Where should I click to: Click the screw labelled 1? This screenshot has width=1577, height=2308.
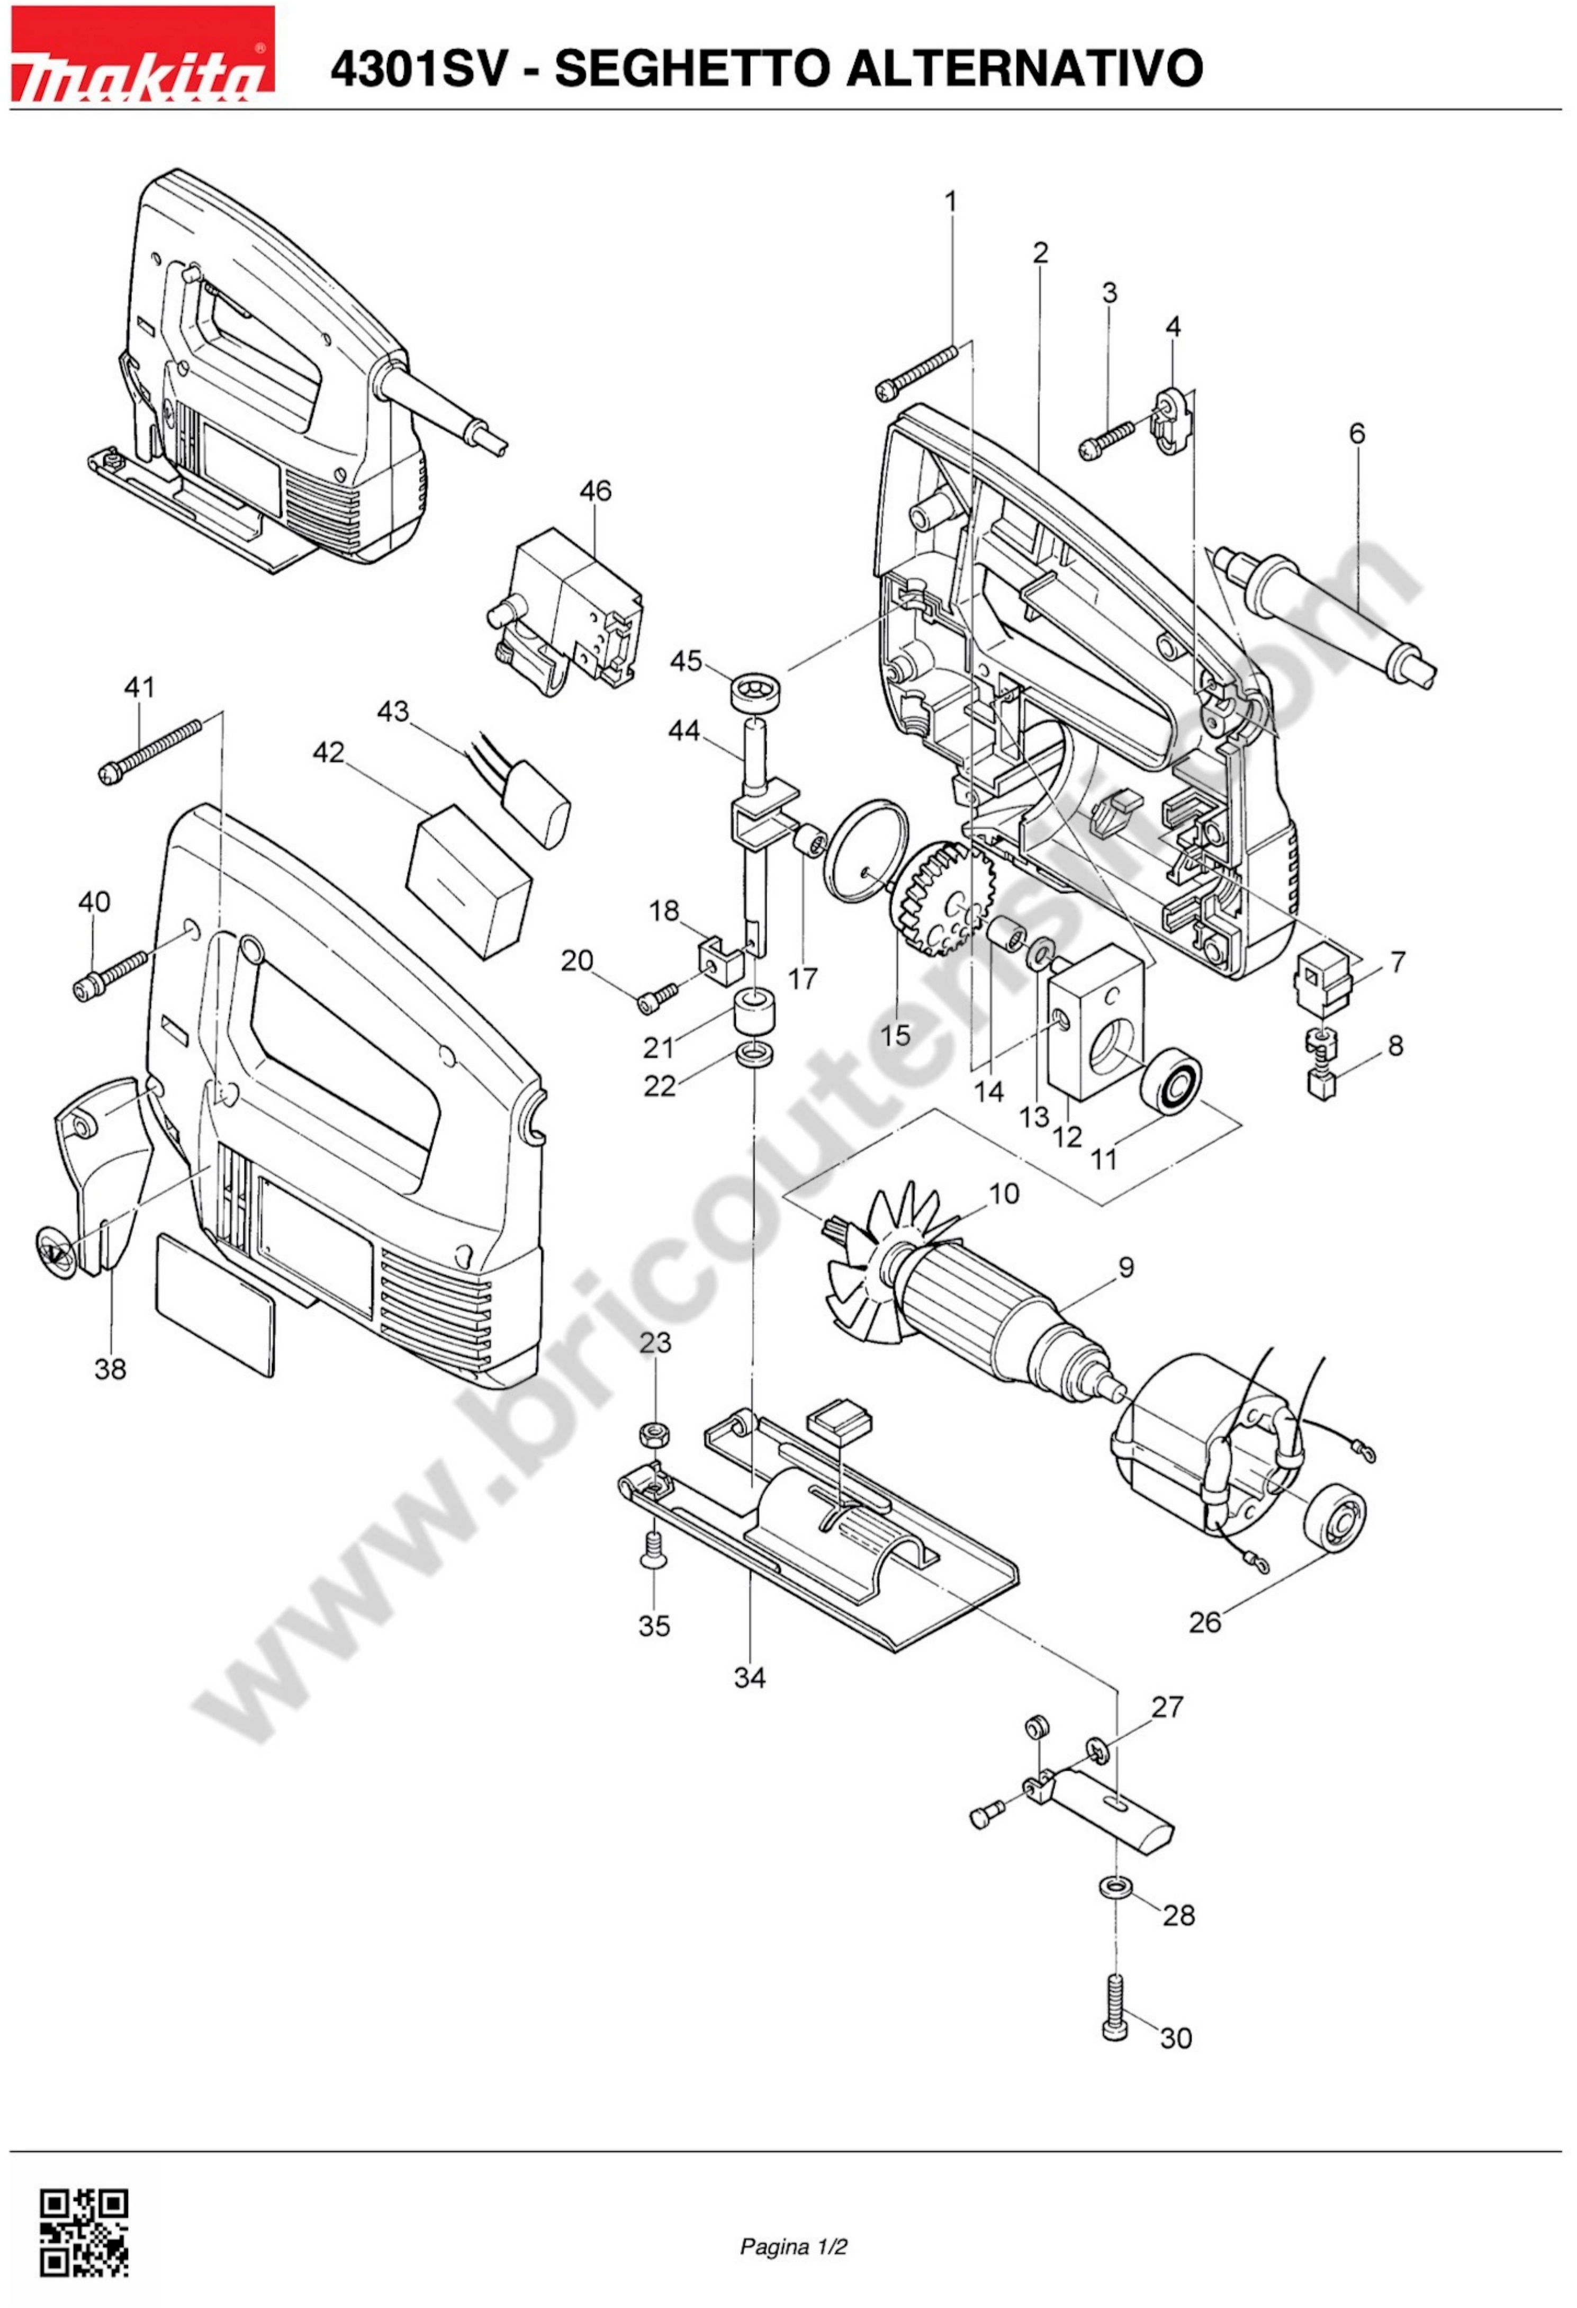(x=916, y=371)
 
